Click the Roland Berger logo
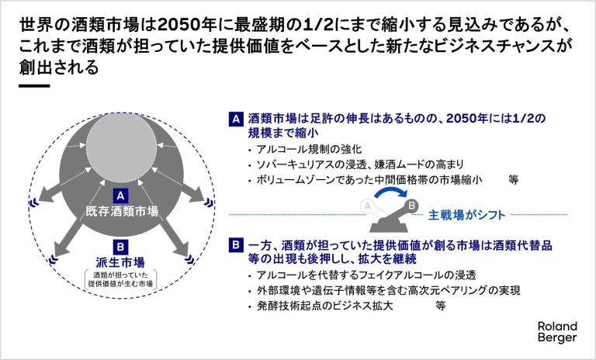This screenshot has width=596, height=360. pos(557,331)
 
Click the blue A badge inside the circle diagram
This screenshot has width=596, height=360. pos(120,196)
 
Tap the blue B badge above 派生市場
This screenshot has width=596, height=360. pos(120,247)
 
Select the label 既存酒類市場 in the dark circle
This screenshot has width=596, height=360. pos(122,211)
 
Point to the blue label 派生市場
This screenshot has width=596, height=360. pos(120,262)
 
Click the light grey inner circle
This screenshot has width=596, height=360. pos(121,148)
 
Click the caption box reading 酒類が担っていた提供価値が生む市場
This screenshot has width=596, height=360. pos(120,279)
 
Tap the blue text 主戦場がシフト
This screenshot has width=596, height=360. pos(466,215)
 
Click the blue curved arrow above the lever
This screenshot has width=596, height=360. pos(391,192)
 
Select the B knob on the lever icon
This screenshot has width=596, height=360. pos(411,206)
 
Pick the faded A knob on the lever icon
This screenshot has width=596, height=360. pos(367,206)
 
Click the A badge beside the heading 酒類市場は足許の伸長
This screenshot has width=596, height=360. pos(236,119)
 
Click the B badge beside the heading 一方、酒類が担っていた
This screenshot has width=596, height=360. pos(236,245)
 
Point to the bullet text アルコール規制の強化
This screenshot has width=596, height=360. pos(309,149)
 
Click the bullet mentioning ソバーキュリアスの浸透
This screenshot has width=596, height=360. pos(360,164)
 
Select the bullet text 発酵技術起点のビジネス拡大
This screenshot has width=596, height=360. pos(324,306)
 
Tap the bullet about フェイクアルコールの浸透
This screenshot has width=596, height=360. pos(366,275)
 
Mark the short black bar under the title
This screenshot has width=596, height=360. pos(34,85)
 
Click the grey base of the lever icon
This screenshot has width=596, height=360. pos(389,227)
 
